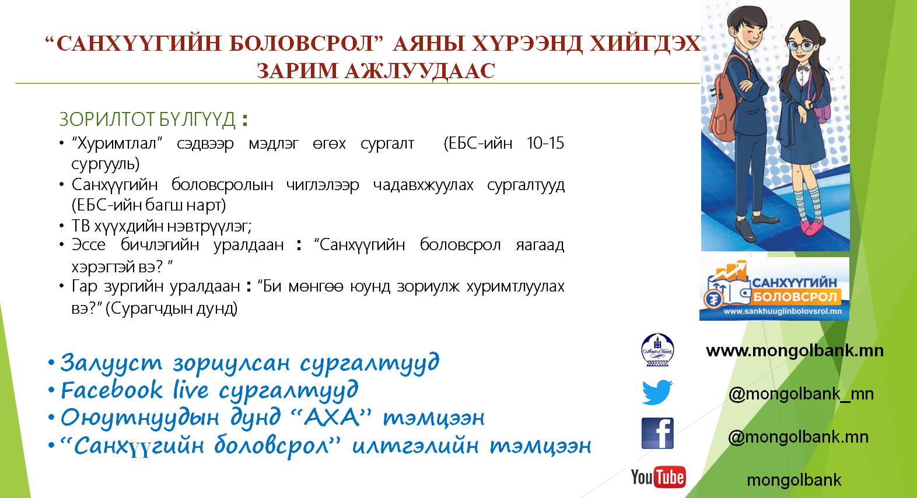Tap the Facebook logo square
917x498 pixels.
657,433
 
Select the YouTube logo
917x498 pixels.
658,477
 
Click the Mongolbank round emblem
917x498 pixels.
657,349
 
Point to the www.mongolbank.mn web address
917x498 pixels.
794,350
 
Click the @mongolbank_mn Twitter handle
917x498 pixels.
801,394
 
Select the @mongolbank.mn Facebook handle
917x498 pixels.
798,437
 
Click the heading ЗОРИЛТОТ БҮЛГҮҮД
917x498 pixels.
148,120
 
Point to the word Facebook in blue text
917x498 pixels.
111,390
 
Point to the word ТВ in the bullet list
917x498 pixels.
80,226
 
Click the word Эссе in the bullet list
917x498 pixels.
89,245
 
